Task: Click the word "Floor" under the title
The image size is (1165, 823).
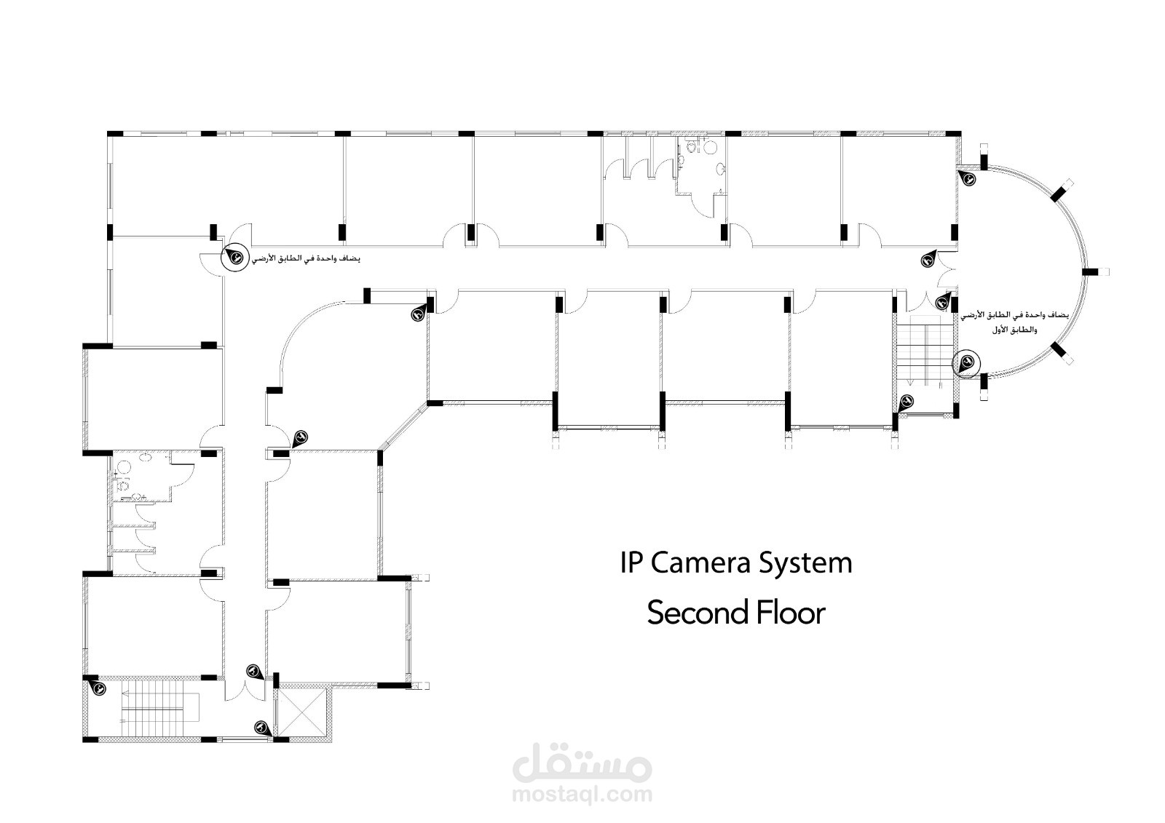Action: pos(789,613)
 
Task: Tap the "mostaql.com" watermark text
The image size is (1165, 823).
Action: pos(582,795)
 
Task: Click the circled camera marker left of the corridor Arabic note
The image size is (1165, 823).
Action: pos(235,256)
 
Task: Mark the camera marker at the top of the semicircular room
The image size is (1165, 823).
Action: pos(968,177)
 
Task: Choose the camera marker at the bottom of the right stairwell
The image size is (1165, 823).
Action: pos(907,401)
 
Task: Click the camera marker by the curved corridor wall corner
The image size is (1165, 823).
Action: pos(418,314)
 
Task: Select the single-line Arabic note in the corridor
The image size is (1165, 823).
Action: pos(307,259)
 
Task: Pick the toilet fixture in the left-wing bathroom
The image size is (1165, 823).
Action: pos(122,484)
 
